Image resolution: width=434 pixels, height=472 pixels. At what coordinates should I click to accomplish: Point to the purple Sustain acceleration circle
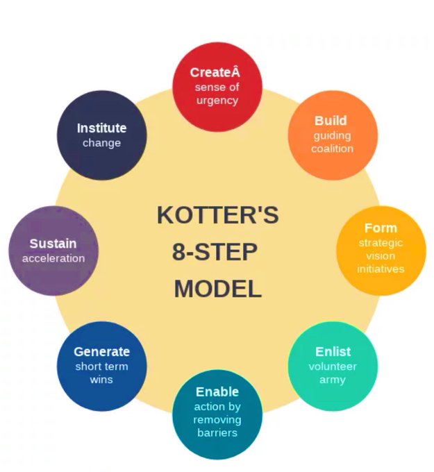(x=53, y=250)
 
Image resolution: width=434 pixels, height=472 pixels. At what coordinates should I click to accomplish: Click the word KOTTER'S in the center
(x=217, y=215)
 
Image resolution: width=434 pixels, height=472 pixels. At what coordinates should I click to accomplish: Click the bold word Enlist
(x=333, y=352)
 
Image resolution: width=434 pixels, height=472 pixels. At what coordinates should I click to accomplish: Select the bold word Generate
(x=101, y=352)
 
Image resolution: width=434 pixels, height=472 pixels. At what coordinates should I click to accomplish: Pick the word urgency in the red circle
(x=217, y=100)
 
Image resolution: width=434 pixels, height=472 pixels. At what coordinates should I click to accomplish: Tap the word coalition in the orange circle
(x=332, y=149)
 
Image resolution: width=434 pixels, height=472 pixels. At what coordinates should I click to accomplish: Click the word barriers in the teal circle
(x=217, y=432)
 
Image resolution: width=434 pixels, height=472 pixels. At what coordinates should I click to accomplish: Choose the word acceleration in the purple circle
(x=53, y=258)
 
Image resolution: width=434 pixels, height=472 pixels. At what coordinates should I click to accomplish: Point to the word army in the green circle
(x=332, y=380)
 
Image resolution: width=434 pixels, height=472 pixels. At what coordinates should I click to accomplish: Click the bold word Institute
(x=101, y=128)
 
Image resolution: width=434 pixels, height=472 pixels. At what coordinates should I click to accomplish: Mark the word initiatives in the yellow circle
(x=381, y=269)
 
